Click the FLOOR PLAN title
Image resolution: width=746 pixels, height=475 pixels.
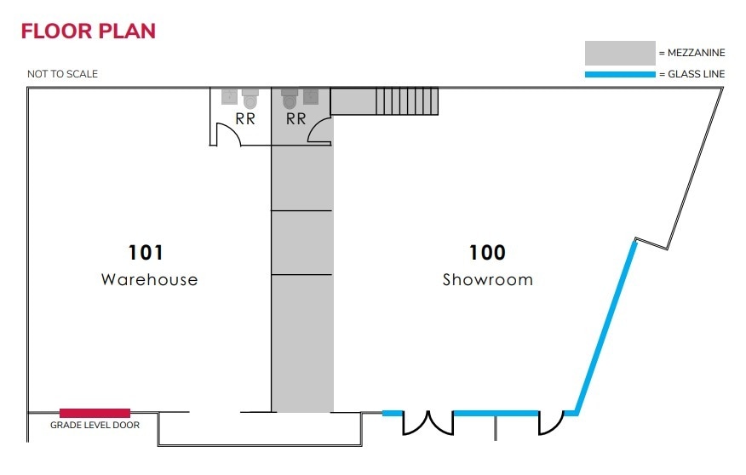(x=89, y=31)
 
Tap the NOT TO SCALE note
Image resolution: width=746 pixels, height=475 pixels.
(x=62, y=74)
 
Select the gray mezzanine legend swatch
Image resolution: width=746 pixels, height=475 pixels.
(x=619, y=53)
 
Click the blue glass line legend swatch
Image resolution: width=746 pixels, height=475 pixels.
(x=619, y=75)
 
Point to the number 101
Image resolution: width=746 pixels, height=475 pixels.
(x=146, y=253)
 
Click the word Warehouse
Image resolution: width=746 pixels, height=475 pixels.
(x=149, y=279)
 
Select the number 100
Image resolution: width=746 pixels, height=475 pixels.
(x=487, y=253)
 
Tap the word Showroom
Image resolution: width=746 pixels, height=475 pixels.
(x=487, y=279)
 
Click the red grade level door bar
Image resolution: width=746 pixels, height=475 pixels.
(x=95, y=413)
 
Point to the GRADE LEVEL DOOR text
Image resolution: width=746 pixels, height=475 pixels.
(x=95, y=425)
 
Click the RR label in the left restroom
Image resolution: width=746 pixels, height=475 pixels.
(x=245, y=119)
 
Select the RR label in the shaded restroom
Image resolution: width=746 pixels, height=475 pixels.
(x=296, y=119)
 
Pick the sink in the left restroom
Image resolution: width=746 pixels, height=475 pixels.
(x=229, y=96)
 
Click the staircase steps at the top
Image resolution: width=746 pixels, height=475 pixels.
(x=407, y=101)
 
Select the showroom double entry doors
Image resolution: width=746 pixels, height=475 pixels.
(x=428, y=422)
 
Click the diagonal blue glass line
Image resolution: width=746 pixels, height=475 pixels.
(x=606, y=328)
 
